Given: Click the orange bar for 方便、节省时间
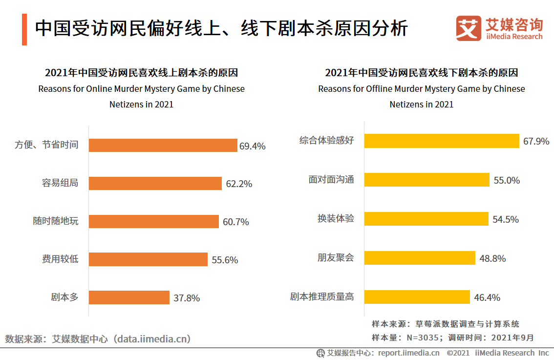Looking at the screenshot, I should point(163,146).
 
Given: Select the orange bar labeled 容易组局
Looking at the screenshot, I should point(155,184).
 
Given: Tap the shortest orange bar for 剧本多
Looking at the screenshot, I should point(129,297).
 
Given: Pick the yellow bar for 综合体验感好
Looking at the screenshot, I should point(442,141).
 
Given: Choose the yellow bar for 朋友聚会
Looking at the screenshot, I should point(420,258).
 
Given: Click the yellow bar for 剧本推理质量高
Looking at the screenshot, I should point(417,297).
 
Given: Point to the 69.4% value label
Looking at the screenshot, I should point(252,146).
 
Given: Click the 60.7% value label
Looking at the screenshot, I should point(235,222).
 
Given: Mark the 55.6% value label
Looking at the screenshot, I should point(225,260).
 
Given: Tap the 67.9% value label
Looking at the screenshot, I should point(536,142).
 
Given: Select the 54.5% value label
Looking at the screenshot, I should point(505,219).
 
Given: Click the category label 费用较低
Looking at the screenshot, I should point(60,259).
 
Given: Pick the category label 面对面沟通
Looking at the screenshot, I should point(331,179).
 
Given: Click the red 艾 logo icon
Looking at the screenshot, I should point(469,29).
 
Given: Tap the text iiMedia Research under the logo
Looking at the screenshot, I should point(514,37).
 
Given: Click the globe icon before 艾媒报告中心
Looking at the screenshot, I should point(321,353).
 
